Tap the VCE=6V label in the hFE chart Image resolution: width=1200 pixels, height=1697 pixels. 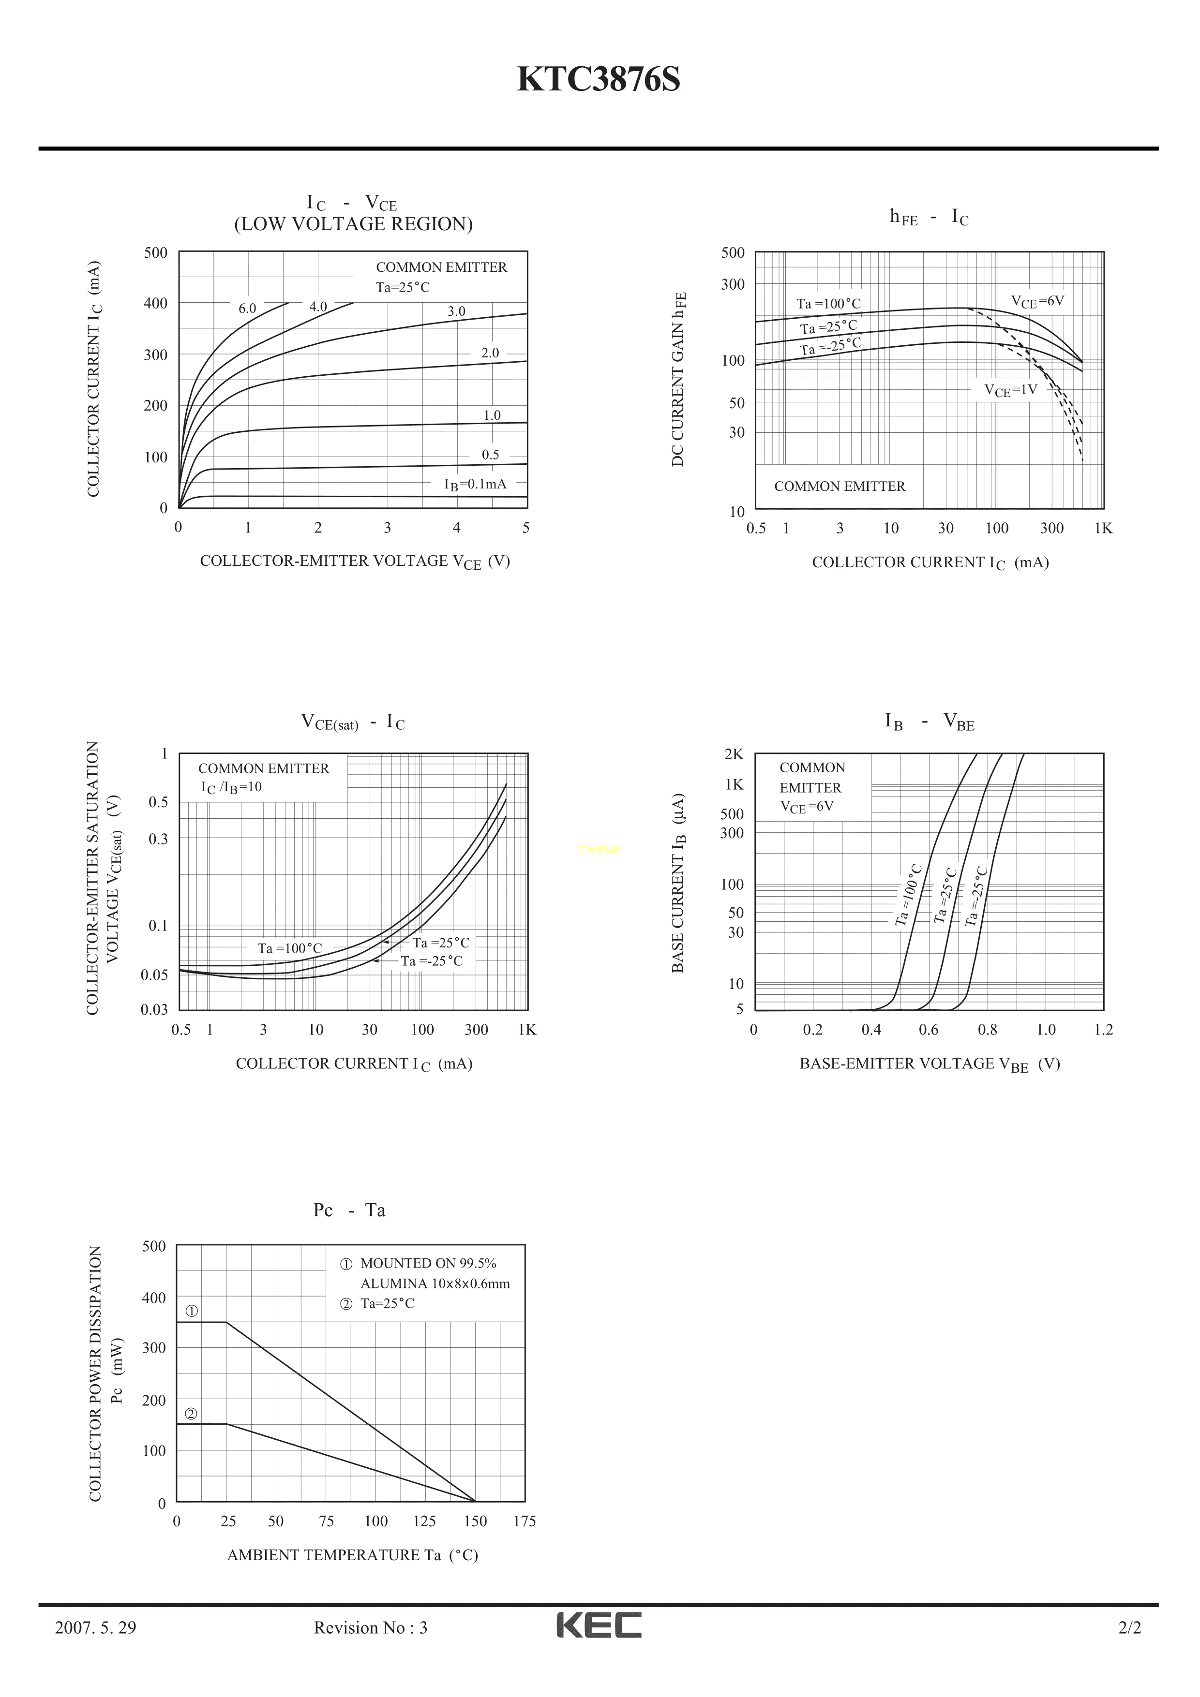(x=1037, y=302)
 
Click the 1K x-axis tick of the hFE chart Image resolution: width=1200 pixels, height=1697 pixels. (x=1103, y=529)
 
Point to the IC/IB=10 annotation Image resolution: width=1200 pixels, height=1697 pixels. (x=231, y=787)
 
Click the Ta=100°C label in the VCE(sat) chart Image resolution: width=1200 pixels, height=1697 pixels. (x=290, y=948)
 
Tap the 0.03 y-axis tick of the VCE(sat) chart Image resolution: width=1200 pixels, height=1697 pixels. (x=154, y=1010)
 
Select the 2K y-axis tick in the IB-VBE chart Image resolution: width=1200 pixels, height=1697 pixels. (x=734, y=754)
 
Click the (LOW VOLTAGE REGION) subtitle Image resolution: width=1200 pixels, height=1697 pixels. (x=353, y=224)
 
